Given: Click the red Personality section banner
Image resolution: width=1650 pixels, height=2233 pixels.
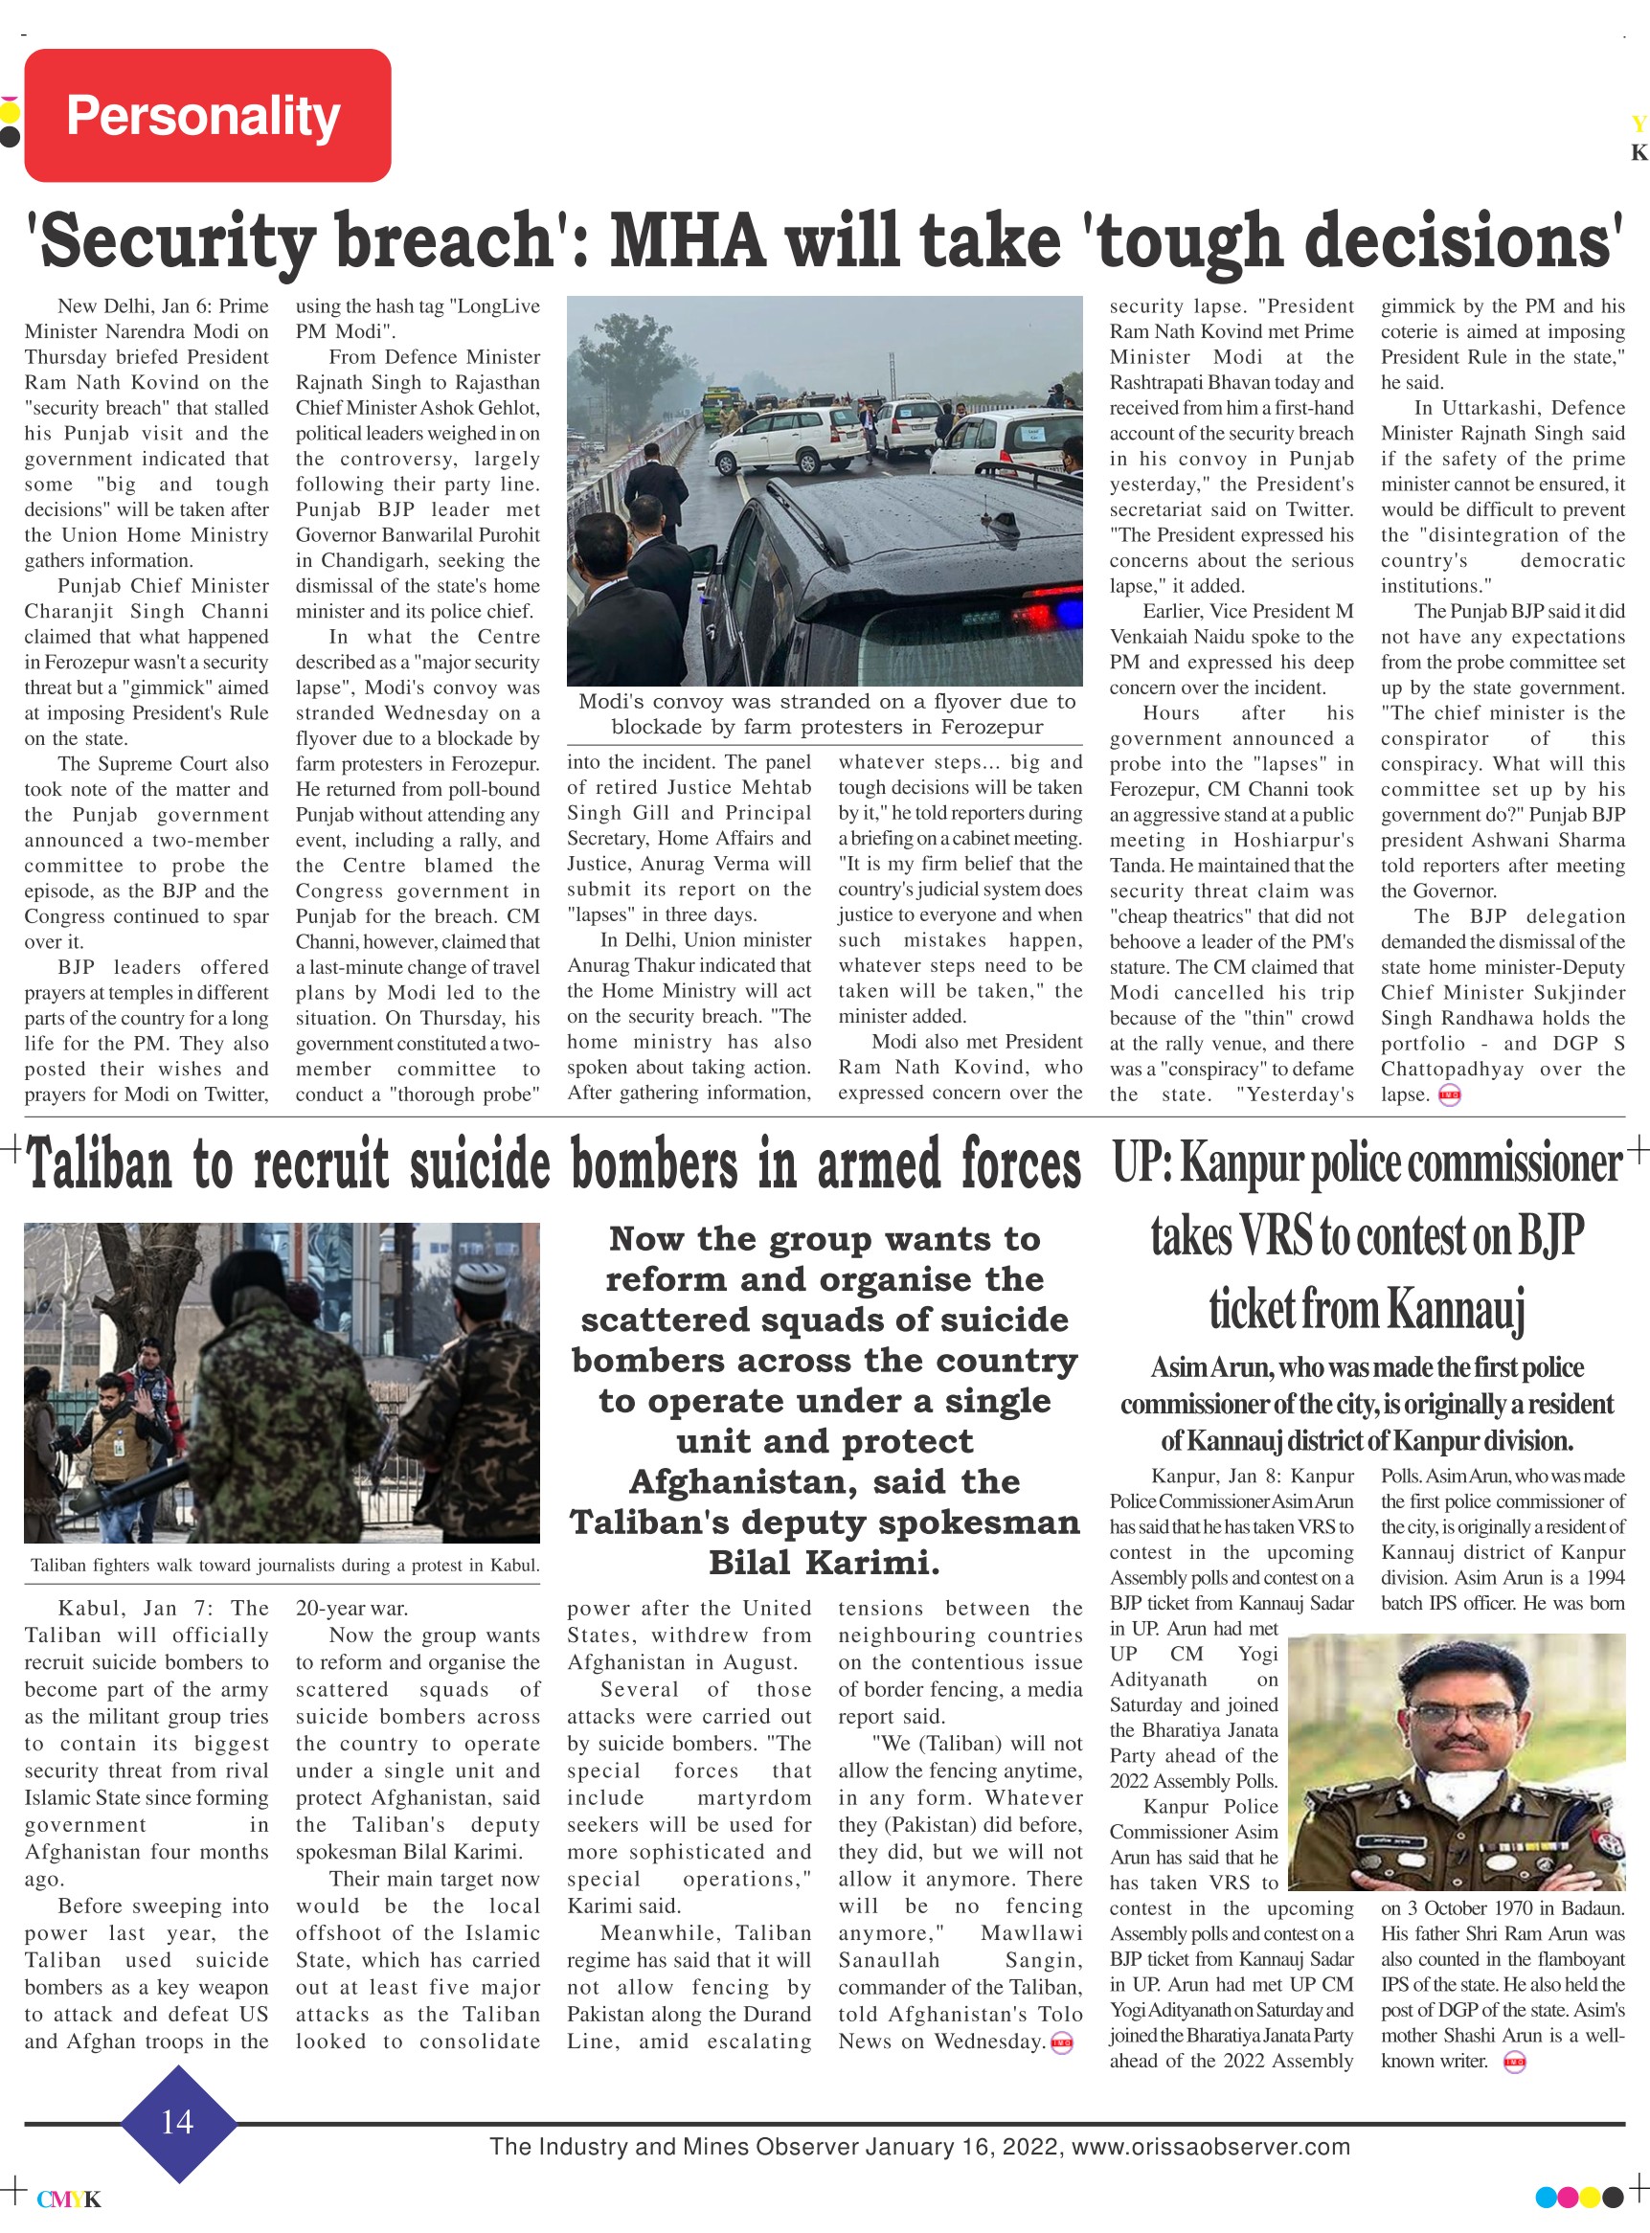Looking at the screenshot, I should click(207, 115).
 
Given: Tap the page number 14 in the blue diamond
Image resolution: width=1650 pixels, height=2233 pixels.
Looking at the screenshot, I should click(177, 2121).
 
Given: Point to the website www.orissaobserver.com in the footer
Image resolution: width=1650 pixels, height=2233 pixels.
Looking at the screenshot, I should click(1210, 2147).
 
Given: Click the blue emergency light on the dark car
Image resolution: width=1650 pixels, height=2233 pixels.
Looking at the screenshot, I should click(1067, 608).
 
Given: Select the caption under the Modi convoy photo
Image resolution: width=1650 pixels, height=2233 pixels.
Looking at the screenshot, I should click(826, 714).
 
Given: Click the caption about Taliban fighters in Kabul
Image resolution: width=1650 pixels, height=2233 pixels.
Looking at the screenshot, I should click(284, 1565).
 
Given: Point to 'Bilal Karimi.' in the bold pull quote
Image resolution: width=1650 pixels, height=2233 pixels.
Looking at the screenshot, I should click(824, 1562).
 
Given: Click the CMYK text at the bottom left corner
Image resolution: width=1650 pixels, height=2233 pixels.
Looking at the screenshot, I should click(68, 2199).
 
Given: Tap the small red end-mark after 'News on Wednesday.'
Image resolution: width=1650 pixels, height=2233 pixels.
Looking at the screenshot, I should click(1062, 2043).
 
